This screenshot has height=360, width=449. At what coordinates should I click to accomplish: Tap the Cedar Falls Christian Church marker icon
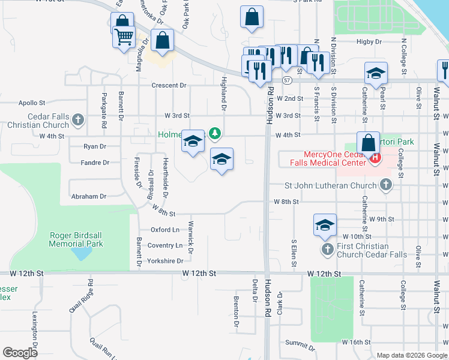77,120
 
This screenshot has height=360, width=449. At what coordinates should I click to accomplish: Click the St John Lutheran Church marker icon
386,185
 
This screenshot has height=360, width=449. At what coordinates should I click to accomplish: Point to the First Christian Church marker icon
327,249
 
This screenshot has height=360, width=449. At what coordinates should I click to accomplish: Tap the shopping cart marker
124,37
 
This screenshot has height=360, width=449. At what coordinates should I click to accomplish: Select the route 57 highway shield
288,80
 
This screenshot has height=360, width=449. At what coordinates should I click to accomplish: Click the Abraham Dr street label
89,196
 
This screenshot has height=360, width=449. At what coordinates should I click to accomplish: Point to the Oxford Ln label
164,230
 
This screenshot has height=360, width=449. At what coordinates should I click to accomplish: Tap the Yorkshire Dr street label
165,261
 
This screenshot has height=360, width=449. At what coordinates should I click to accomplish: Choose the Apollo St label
32,103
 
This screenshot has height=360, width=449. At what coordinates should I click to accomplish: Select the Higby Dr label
369,42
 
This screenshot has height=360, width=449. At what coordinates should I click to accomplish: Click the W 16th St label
357,341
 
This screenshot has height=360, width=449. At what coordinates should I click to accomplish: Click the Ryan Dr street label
95,146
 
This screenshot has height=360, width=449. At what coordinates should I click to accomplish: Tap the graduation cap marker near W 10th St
325,226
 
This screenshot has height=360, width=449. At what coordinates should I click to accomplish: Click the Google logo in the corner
20,353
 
